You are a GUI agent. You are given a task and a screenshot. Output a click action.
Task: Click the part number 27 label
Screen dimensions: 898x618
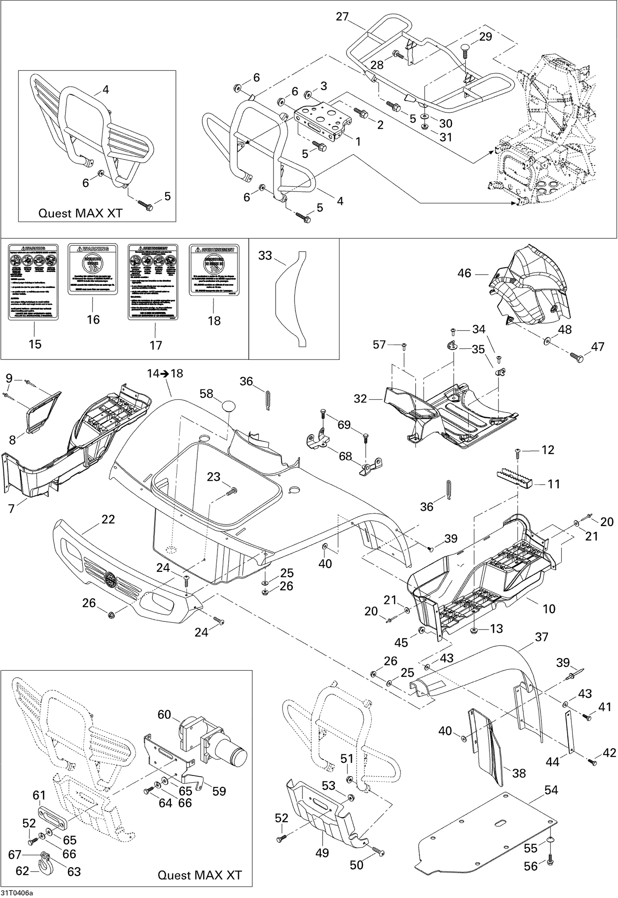(342, 17)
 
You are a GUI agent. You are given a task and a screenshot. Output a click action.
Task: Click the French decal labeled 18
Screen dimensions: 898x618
(213, 270)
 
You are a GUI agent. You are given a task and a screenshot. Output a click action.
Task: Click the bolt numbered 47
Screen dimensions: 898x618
(576, 358)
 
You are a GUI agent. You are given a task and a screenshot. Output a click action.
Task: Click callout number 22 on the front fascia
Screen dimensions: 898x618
(108, 519)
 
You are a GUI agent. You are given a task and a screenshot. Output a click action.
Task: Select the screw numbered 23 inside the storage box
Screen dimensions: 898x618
(232, 491)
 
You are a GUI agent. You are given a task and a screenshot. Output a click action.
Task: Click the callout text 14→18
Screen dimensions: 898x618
(165, 373)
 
